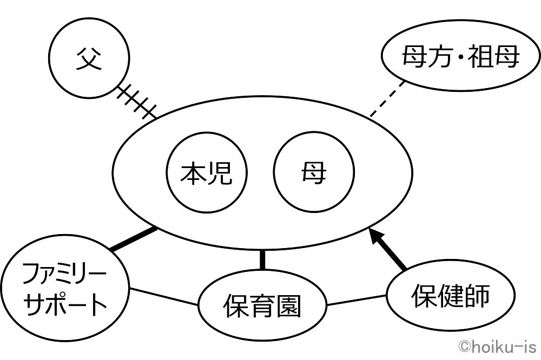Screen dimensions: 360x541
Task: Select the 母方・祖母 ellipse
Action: [453, 56]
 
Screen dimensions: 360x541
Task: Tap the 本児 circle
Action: [206, 174]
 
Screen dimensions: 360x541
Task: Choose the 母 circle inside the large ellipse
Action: [314, 174]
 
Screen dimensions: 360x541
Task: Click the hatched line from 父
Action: [135, 101]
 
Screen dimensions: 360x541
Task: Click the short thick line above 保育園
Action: [262, 259]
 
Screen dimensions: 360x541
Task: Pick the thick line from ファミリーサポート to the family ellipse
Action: [134, 239]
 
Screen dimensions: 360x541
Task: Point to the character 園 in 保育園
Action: [287, 306]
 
